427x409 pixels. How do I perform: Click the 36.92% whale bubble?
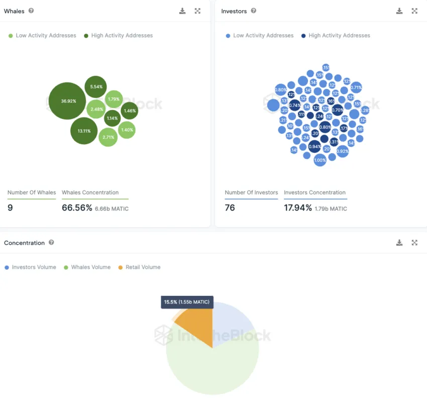click(x=68, y=101)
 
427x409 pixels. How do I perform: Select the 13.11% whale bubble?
click(x=84, y=131)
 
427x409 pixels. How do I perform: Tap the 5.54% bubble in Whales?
click(x=96, y=87)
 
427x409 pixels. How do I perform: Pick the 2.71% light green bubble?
click(x=108, y=137)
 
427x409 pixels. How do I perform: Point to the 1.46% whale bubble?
click(x=129, y=111)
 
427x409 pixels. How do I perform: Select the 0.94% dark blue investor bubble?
click(x=314, y=147)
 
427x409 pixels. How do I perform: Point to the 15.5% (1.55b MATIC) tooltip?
click(x=187, y=302)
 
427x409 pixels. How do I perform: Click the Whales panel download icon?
click(x=182, y=11)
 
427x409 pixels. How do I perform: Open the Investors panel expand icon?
click(x=414, y=11)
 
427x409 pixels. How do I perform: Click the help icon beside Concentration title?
click(x=51, y=243)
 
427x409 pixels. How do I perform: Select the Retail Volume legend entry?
click(x=139, y=267)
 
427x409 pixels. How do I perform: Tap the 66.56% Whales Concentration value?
click(x=77, y=208)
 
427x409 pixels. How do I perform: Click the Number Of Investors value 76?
click(x=230, y=208)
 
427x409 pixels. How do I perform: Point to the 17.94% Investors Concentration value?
click(x=298, y=208)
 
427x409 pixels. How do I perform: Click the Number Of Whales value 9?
click(x=10, y=208)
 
